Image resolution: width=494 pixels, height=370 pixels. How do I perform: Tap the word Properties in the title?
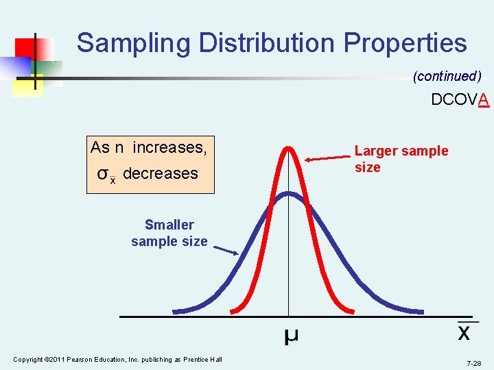click(x=405, y=42)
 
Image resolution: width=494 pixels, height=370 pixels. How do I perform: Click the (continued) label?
click(x=447, y=76)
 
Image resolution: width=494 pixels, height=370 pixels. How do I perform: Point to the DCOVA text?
click(x=460, y=100)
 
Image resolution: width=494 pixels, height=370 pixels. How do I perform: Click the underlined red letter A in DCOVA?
click(x=484, y=100)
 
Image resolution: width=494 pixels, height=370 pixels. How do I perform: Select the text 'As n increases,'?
click(x=149, y=147)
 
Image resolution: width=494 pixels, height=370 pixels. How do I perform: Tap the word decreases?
click(x=161, y=173)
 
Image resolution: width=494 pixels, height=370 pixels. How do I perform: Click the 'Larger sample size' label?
click(x=401, y=159)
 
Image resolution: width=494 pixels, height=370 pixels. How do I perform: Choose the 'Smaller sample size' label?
click(x=169, y=233)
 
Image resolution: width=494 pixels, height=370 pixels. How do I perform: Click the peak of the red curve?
click(x=289, y=147)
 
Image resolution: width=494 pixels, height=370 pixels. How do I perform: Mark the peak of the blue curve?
click(x=289, y=194)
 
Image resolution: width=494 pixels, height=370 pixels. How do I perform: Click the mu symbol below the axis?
click(x=291, y=336)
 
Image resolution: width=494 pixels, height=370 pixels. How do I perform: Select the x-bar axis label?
click(x=464, y=332)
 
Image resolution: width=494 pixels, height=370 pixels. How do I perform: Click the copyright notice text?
click(x=117, y=360)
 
